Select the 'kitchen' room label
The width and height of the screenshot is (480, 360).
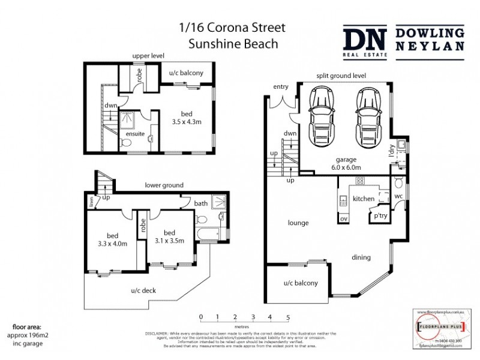coord(364,198)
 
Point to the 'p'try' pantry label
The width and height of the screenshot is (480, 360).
coord(380,215)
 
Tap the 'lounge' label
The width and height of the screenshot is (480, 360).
coord(298,223)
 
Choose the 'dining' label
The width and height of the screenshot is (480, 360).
coord(361,257)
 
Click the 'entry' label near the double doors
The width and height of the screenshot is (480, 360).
coord(280,87)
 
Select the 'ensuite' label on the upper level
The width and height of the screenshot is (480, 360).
coord(134,134)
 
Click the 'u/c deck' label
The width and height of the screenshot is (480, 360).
coord(143,290)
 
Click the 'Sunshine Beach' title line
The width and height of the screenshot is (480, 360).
coord(233,43)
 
